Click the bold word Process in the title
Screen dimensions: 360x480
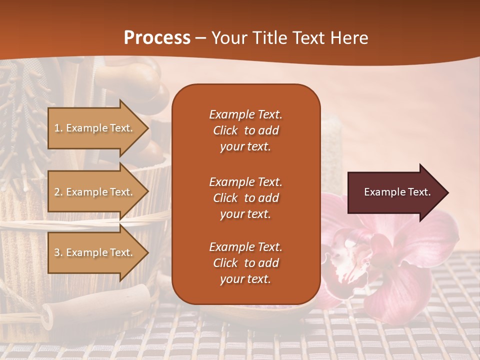pyautogui.click(x=157, y=38)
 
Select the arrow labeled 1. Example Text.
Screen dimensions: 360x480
pyautogui.click(x=95, y=128)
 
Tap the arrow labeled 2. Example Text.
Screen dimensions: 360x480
pyautogui.click(x=95, y=192)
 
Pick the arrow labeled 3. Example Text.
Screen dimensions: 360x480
pyautogui.click(x=95, y=252)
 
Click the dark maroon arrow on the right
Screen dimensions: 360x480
pyautogui.click(x=395, y=192)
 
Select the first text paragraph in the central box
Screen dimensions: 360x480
pyautogui.click(x=245, y=130)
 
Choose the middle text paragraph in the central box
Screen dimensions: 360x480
pyautogui.click(x=245, y=198)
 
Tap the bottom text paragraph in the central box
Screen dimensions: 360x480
pyautogui.click(x=245, y=263)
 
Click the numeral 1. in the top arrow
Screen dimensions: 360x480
pyautogui.click(x=58, y=128)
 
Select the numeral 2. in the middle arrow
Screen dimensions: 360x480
pyautogui.click(x=58, y=192)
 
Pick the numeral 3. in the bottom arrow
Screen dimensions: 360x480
pyautogui.click(x=58, y=252)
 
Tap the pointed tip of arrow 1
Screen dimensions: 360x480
pyautogui.click(x=147, y=128)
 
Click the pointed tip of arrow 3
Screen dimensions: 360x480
pyautogui.click(x=147, y=252)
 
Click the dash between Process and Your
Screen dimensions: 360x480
pyautogui.click(x=200, y=38)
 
